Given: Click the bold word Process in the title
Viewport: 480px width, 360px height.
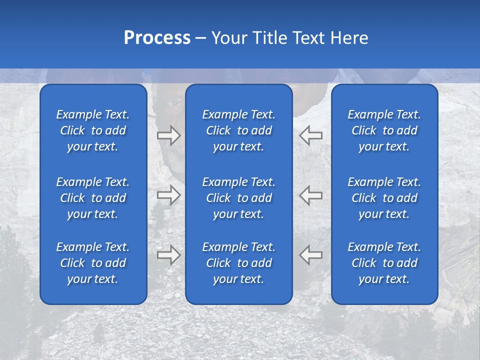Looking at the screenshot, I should pos(157,38).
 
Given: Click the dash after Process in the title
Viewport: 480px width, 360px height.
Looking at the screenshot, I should pos(200,38).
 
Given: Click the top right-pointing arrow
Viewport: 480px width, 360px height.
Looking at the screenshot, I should pos(168,135).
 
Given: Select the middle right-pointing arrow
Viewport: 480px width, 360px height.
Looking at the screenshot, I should pos(168,194).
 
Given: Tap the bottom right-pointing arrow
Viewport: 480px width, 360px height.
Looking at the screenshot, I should pos(168,255).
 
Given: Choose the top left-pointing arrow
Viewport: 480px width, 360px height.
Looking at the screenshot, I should pos(310,135).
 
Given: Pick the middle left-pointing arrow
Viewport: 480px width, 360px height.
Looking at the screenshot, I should pos(310,194).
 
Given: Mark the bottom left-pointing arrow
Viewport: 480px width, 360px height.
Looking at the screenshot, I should pos(310,255).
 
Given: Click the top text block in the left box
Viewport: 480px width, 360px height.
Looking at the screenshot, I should pos(93,130).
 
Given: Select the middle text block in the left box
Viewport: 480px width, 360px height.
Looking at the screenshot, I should pos(93,198).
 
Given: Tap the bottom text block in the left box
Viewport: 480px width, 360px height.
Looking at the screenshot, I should pos(93,263).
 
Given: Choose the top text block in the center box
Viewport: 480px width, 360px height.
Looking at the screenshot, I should pos(239,130).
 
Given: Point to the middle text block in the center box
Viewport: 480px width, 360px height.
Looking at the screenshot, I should pos(239,198).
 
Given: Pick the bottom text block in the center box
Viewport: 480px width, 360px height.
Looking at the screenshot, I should pos(239,263).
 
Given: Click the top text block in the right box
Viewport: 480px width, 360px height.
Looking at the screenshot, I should pos(384,130).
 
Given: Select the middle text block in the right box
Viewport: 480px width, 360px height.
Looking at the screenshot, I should pos(384,198).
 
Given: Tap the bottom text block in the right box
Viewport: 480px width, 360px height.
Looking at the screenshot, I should pos(384,263).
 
